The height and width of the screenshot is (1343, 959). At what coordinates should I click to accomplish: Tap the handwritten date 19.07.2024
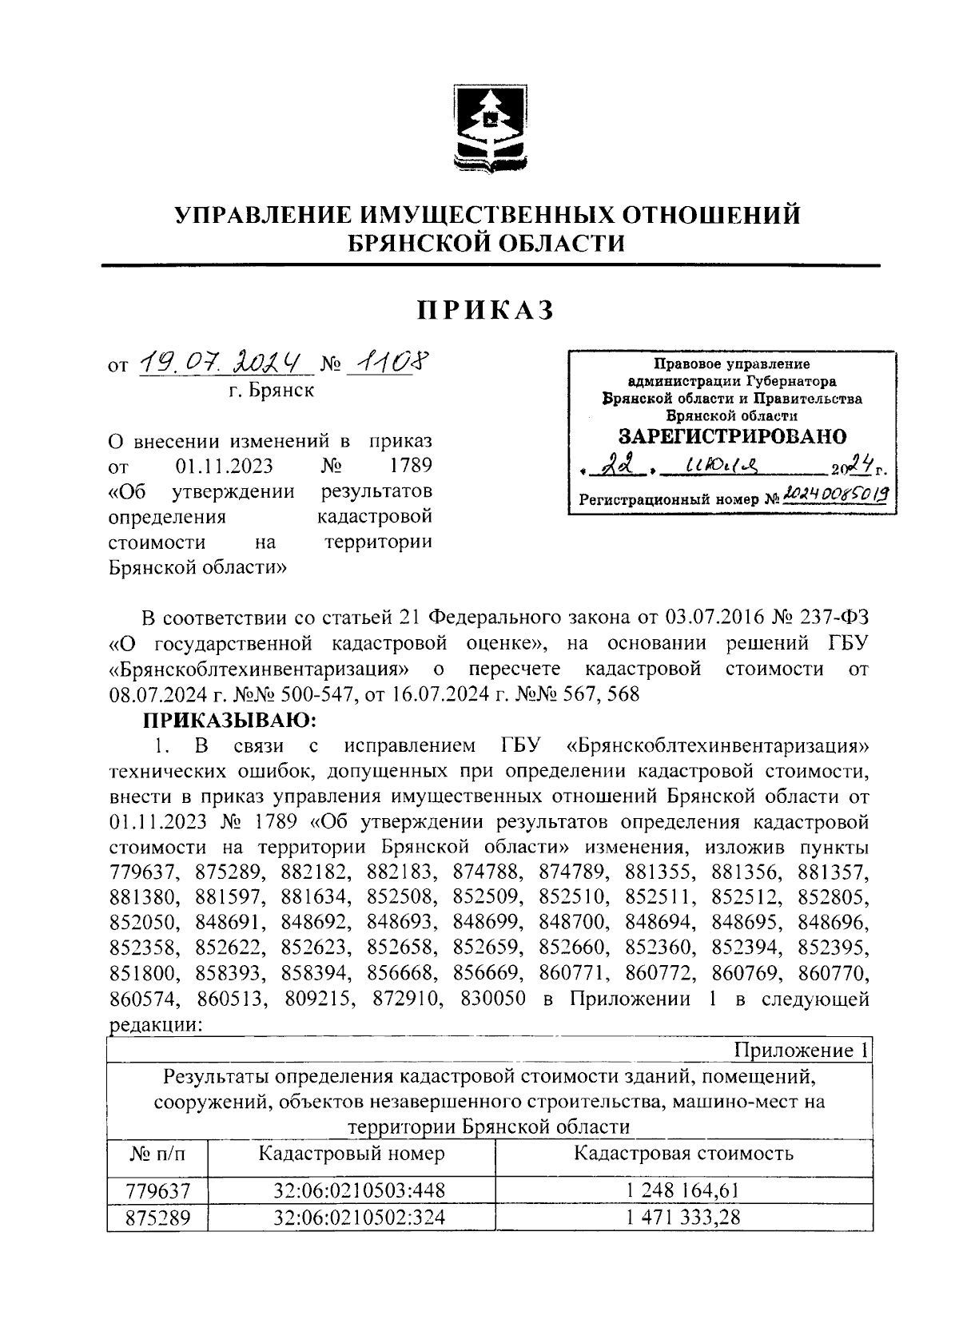[x=224, y=365]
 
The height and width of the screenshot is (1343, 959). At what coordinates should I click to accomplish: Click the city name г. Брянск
[x=271, y=391]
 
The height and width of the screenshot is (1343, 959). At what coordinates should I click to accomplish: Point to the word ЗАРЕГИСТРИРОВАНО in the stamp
[x=732, y=436]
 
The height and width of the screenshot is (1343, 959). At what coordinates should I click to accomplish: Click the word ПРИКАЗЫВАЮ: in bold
[x=230, y=721]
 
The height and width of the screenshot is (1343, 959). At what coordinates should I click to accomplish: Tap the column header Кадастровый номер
[x=352, y=1154]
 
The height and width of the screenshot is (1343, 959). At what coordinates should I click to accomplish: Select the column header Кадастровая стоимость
[x=683, y=1154]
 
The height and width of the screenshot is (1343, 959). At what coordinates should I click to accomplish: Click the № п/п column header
[x=156, y=1154]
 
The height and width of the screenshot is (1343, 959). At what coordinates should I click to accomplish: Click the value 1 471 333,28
[x=683, y=1217]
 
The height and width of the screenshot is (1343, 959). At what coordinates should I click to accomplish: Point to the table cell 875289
[x=158, y=1218]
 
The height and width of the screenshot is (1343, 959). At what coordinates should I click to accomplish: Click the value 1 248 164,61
[x=683, y=1191]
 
